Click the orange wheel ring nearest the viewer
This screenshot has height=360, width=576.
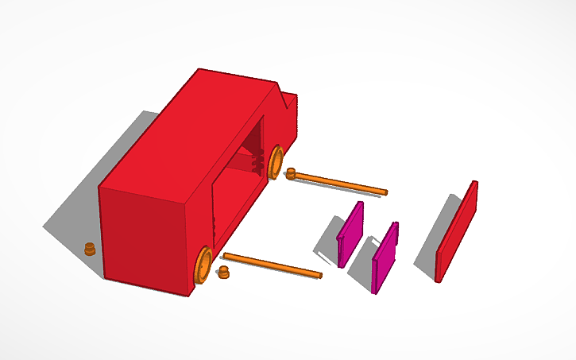click(x=202, y=265)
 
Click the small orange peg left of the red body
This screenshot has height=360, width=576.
click(x=91, y=249)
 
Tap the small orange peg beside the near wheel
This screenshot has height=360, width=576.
click(x=223, y=274)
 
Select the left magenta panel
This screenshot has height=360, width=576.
click(x=350, y=234)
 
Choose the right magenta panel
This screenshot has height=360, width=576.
click(x=385, y=257)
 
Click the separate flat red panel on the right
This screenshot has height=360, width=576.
click(x=457, y=232)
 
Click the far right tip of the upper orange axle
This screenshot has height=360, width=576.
click(x=385, y=192)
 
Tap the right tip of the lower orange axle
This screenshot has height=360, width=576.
click(x=319, y=276)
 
